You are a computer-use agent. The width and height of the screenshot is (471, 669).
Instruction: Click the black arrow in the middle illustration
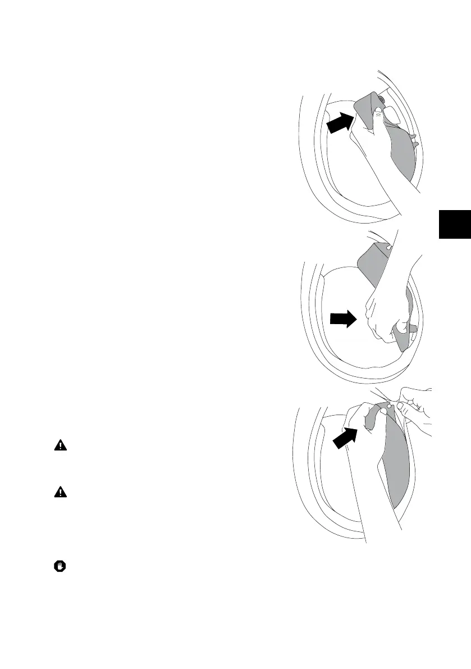coord(342,320)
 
